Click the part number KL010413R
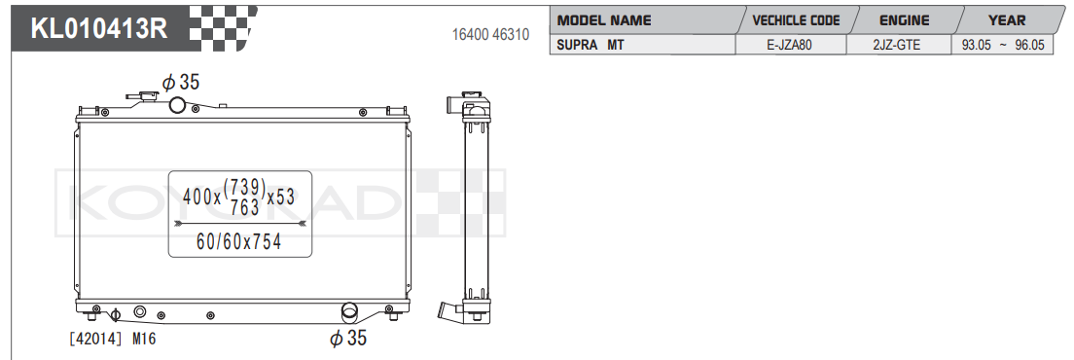[x=99, y=29]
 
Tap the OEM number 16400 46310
[x=490, y=35]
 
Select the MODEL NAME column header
[x=604, y=19]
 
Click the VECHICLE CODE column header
[x=796, y=19]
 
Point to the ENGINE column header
[x=904, y=19]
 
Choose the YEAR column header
[x=1006, y=19]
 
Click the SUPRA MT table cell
[x=591, y=45]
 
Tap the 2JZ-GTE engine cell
[x=896, y=45]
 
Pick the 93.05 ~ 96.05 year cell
[x=1002, y=45]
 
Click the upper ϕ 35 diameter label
[x=181, y=83]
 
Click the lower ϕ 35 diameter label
[x=348, y=339]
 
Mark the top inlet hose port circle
[x=177, y=105]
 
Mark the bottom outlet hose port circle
[x=349, y=312]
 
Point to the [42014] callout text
[x=93, y=339]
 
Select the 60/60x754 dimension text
[x=239, y=241]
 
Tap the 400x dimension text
[x=201, y=197]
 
